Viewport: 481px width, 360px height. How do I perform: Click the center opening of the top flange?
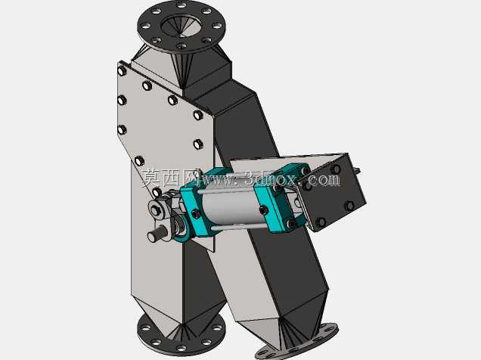pos(181,26)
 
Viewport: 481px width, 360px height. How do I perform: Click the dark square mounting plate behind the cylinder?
pos(333,191)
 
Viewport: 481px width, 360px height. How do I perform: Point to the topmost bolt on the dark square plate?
pos(337,169)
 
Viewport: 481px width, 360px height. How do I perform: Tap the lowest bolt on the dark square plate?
pos(321,222)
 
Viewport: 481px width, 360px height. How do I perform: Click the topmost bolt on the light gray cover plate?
pos(122,71)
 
